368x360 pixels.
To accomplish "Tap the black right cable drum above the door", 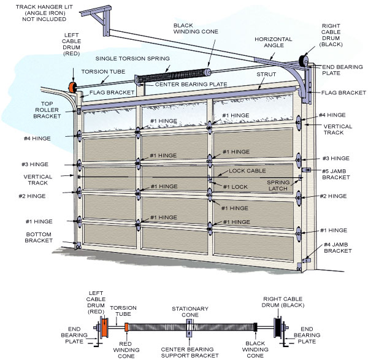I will (302, 60).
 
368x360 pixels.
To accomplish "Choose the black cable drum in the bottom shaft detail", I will (280, 326).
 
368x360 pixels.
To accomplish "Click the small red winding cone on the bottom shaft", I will (126, 326).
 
